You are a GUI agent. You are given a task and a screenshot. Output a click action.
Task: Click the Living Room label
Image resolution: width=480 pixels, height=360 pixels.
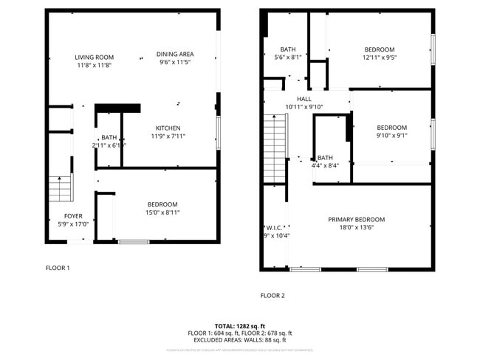(94, 57)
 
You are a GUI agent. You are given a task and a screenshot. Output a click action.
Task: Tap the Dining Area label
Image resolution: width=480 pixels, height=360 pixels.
(175, 54)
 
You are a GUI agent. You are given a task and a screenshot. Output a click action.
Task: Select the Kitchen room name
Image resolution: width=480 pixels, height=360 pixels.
(168, 128)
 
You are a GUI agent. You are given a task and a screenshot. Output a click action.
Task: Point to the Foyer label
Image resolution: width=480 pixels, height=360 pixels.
(74, 216)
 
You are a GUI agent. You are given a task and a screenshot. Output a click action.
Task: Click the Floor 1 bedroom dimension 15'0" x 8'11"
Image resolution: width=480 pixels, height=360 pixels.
(162, 212)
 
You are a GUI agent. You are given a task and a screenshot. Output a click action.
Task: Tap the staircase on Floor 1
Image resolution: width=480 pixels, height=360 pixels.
(61, 189)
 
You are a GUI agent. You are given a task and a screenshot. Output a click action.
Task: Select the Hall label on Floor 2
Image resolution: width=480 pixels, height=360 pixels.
(304, 99)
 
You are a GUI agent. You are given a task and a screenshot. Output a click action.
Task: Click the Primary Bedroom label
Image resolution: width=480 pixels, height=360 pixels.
(357, 219)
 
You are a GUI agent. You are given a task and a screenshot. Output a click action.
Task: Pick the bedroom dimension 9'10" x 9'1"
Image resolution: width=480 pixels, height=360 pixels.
(391, 135)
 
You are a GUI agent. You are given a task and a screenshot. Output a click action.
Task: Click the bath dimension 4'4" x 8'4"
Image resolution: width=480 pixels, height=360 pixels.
(325, 165)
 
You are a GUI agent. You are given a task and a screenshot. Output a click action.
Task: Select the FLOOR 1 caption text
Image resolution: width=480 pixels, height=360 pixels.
(58, 268)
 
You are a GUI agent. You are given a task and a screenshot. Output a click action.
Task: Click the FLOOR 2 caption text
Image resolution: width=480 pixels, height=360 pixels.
(272, 295)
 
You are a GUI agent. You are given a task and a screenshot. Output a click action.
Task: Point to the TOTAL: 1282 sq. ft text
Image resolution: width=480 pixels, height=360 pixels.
(239, 325)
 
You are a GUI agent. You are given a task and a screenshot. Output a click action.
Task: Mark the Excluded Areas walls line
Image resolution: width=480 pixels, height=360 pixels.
(239, 340)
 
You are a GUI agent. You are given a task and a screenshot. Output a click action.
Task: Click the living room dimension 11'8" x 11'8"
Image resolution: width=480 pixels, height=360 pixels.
(94, 65)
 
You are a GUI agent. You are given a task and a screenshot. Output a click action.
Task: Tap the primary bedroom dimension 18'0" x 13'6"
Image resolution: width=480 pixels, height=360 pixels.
(357, 227)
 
